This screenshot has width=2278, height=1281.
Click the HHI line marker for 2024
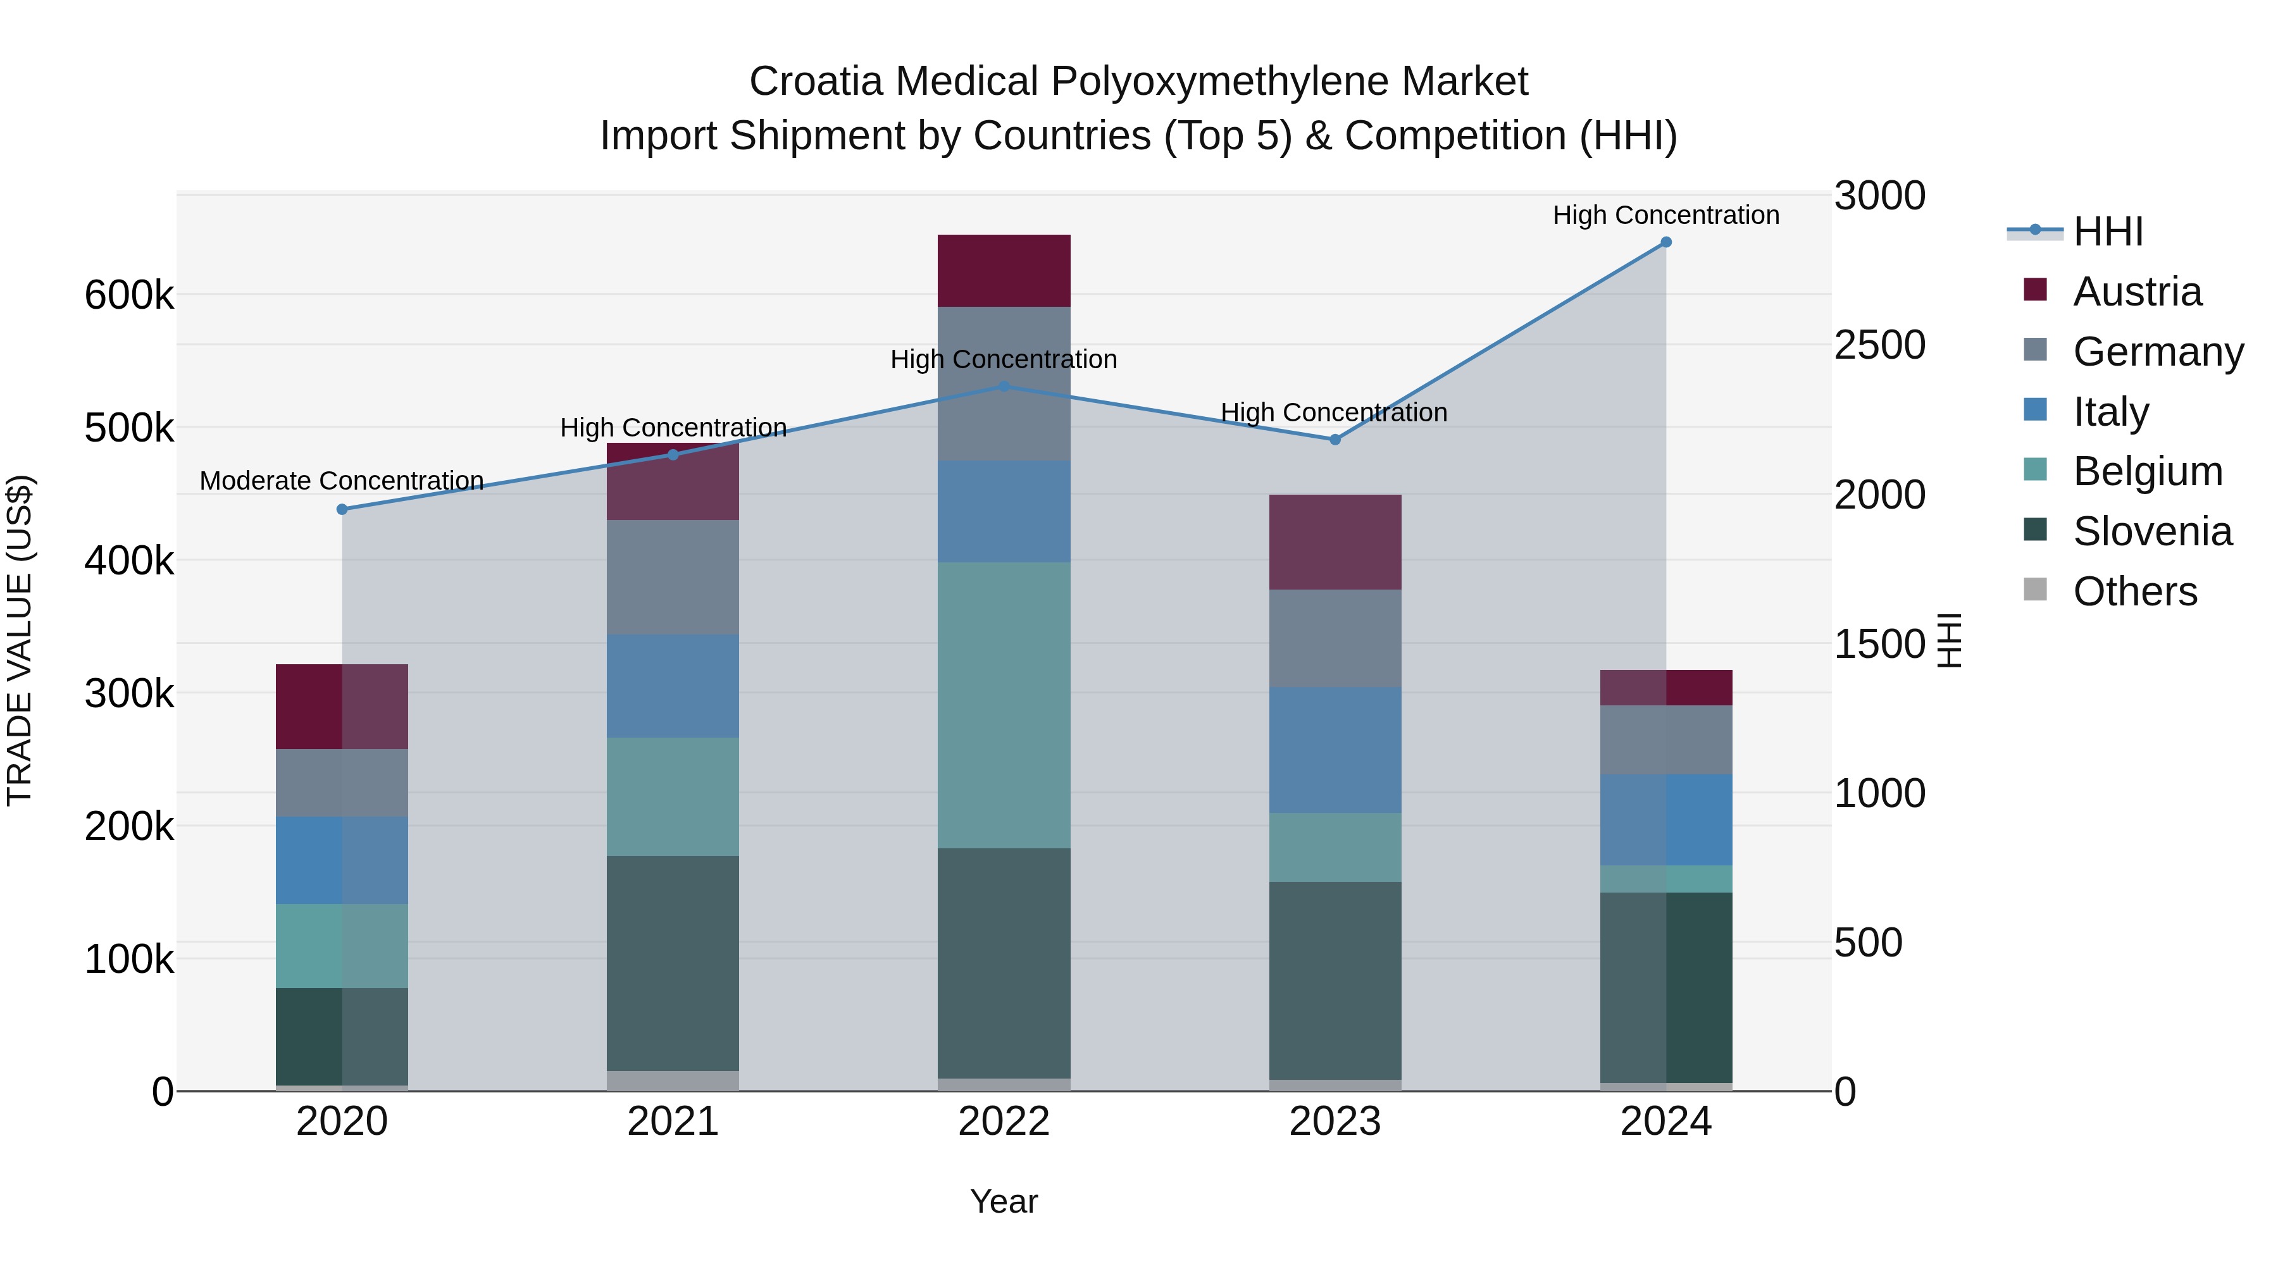pyautogui.click(x=1666, y=242)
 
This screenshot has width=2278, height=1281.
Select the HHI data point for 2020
pyautogui.click(x=342, y=509)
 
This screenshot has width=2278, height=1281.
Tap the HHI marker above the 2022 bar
pyautogui.click(x=1004, y=387)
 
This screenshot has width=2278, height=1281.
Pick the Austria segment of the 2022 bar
pyautogui.click(x=1004, y=271)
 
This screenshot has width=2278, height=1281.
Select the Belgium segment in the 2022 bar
pyautogui.click(x=1004, y=705)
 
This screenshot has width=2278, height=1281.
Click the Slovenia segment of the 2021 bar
pyautogui.click(x=673, y=963)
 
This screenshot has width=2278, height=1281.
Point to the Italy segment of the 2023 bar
pyautogui.click(x=1335, y=750)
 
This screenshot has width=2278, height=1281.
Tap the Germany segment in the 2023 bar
pyautogui.click(x=1335, y=638)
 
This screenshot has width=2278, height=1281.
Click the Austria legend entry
pyautogui.click(x=2138, y=292)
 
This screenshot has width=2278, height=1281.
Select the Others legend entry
pyautogui.click(x=2135, y=591)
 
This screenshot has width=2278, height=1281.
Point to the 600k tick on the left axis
pyautogui.click(x=129, y=295)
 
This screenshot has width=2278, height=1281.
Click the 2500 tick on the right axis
pyautogui.click(x=1879, y=345)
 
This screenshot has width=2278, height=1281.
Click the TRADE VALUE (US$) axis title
pyautogui.click(x=20, y=640)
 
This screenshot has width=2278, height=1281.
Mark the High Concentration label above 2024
pyautogui.click(x=1666, y=216)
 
